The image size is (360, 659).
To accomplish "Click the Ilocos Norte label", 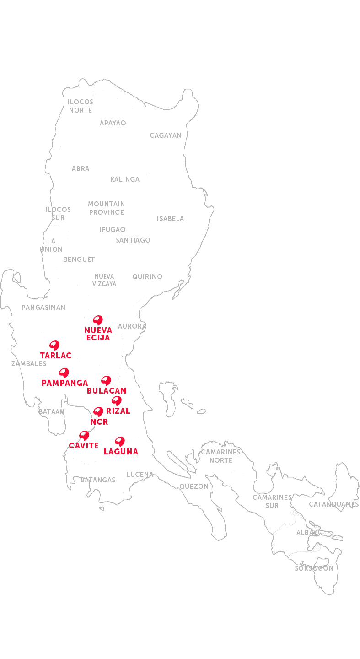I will tap(81, 106).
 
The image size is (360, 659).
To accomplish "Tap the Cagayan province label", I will tap(166, 135).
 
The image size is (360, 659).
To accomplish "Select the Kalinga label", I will tap(125, 179).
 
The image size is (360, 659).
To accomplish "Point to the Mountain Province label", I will tap(107, 208).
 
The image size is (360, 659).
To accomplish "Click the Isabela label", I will tap(170, 219).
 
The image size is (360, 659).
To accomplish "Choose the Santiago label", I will tap(133, 240).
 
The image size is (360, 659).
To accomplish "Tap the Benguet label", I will tap(79, 259).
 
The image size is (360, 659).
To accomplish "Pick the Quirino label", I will tap(147, 277).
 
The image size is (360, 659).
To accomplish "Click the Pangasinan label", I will tap(43, 308).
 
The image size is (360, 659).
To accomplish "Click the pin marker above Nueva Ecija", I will tap(97, 319).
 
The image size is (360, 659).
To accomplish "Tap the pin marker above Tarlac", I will tap(54, 345).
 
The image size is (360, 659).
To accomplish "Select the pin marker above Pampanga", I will tap(64, 372).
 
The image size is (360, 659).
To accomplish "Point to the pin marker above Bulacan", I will tap(106, 380).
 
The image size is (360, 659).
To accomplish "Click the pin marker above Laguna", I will tap(119, 441).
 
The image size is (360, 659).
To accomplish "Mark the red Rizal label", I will tap(118, 411).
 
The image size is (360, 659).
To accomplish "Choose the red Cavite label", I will tap(84, 446).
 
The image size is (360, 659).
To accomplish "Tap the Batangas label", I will tap(98, 480).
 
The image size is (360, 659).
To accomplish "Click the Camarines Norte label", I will tap(221, 456).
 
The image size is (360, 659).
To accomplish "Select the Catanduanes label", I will tap(334, 504).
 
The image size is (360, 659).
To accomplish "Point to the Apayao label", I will tap(113, 123).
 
